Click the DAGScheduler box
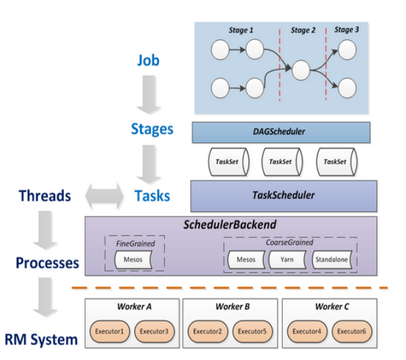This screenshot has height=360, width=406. click(x=281, y=132)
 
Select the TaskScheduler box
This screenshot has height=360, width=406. click(x=283, y=194)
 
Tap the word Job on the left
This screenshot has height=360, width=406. click(x=148, y=61)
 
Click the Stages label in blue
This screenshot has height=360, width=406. click(x=152, y=129)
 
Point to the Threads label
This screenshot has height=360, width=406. click(x=45, y=195)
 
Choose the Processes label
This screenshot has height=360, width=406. click(x=47, y=263)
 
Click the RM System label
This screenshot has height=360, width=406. click(x=41, y=339)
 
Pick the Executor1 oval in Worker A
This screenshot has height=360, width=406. click(x=109, y=332)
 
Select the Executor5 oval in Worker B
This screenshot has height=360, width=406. click(x=248, y=332)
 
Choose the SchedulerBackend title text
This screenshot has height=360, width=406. click(x=230, y=225)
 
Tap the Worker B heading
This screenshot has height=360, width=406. click(x=230, y=306)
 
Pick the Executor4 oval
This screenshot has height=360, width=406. click(x=306, y=332)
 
